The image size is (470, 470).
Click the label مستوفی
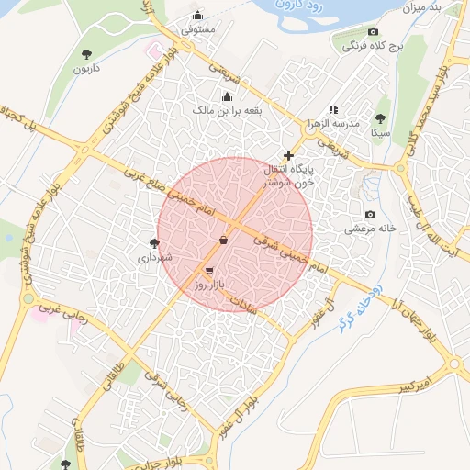coord(199,29)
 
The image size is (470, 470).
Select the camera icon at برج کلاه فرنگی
coord(373,31)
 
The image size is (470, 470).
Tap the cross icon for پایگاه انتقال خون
coord(289,156)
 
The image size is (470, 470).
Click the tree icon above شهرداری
coord(154,244)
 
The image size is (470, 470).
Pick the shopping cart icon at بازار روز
coord(210,272)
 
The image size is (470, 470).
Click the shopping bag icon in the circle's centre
coord(224,240)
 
